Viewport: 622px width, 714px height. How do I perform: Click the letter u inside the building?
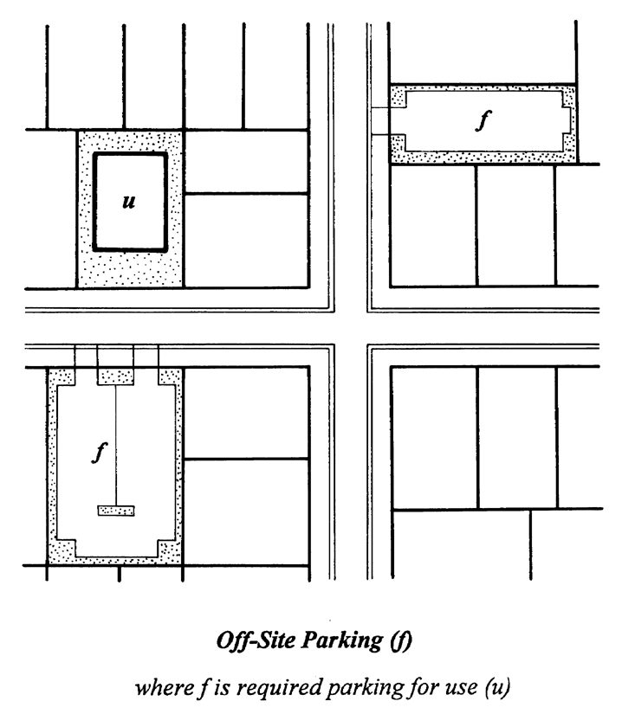point(129,201)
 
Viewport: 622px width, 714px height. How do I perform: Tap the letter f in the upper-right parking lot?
point(483,120)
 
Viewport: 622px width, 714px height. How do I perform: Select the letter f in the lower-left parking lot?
point(100,453)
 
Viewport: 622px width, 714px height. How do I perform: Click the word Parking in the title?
point(342,640)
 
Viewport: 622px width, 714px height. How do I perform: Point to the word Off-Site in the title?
point(256,640)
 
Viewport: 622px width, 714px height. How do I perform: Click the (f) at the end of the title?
point(401,640)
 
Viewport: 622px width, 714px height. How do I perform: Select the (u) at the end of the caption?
point(496,686)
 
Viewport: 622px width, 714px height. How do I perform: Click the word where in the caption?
point(165,687)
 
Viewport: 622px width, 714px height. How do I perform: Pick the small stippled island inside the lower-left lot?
point(116,511)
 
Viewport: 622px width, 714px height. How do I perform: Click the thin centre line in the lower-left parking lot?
point(116,445)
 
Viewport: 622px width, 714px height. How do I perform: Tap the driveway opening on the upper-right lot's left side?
point(380,121)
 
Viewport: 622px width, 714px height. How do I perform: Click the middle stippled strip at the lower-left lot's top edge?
point(116,377)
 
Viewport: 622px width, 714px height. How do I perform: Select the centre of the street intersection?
point(350,328)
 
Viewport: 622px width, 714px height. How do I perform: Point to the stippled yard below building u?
point(130,268)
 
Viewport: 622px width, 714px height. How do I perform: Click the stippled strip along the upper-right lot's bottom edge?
point(483,158)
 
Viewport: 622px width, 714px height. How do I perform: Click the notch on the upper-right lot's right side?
point(566,120)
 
